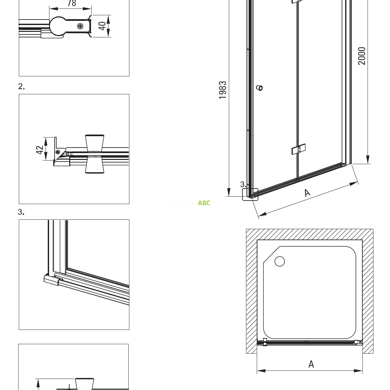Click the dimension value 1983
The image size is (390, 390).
(223, 90)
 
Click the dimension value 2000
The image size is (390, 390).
(362, 56)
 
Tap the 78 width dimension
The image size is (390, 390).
(71, 3)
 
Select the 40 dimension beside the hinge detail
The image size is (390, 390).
(102, 26)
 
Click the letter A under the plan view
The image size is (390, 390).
(311, 364)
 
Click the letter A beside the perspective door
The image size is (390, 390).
(307, 193)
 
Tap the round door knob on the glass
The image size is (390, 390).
(259, 88)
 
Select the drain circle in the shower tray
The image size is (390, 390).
(280, 261)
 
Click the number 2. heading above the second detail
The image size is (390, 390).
(21, 86)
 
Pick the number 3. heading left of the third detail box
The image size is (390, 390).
(21, 212)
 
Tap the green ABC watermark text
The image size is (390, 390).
(204, 203)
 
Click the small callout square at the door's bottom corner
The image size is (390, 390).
(250, 195)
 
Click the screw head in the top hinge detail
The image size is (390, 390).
(80, 26)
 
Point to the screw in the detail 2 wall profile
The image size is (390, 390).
(58, 151)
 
